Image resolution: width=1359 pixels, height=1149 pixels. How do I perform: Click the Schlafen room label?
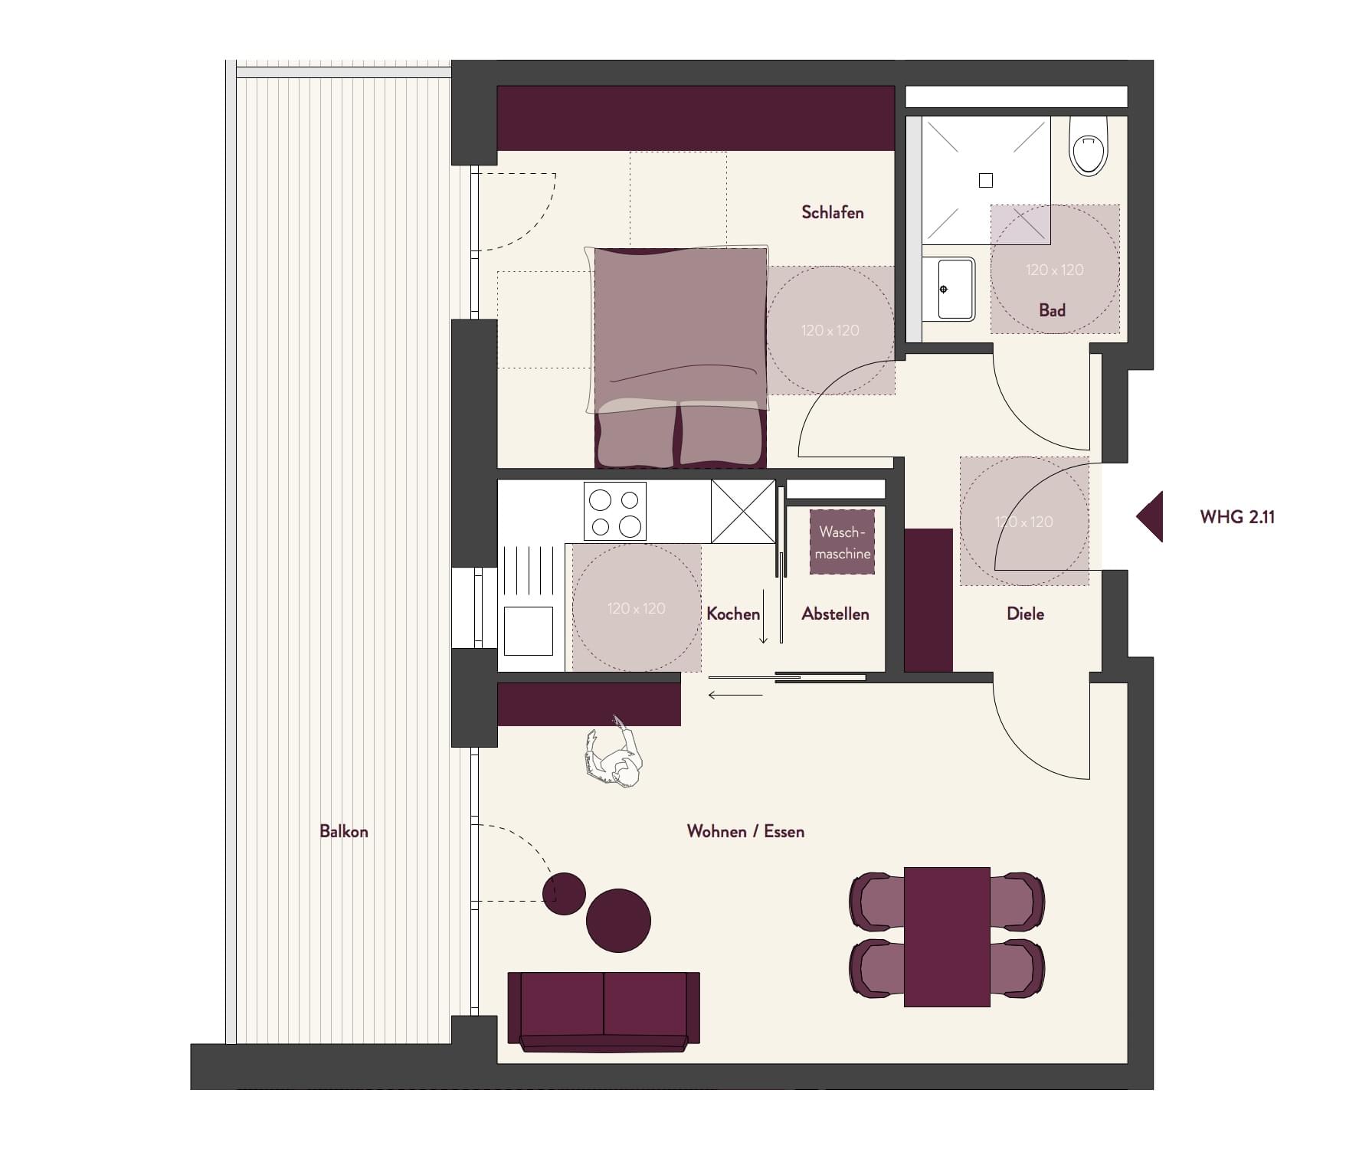832,212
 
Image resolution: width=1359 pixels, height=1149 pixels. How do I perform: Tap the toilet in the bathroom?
1089,146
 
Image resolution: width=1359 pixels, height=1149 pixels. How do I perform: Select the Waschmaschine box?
843,542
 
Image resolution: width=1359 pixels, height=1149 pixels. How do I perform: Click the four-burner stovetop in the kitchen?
615,511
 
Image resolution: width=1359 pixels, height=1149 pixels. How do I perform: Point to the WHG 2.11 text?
1237,517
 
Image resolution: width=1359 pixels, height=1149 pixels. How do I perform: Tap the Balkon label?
344,831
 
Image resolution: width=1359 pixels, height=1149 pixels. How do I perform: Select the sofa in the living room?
604,1012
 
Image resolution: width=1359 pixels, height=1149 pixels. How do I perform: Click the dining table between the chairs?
947,937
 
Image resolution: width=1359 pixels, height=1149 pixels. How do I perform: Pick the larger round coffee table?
618,920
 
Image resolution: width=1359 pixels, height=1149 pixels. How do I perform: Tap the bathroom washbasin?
948,289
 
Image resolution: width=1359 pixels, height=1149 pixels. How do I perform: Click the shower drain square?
986,180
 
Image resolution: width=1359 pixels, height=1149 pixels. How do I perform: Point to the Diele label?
1025,614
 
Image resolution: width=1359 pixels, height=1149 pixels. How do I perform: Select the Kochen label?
733,614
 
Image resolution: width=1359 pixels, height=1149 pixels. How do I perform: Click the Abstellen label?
835,614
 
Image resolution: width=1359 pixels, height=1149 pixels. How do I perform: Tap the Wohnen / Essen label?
745,831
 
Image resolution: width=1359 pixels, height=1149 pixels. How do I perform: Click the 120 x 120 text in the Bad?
1055,270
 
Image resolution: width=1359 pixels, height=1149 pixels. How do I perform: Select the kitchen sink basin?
529,630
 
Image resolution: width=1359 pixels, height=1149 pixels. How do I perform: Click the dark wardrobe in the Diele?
928,600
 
